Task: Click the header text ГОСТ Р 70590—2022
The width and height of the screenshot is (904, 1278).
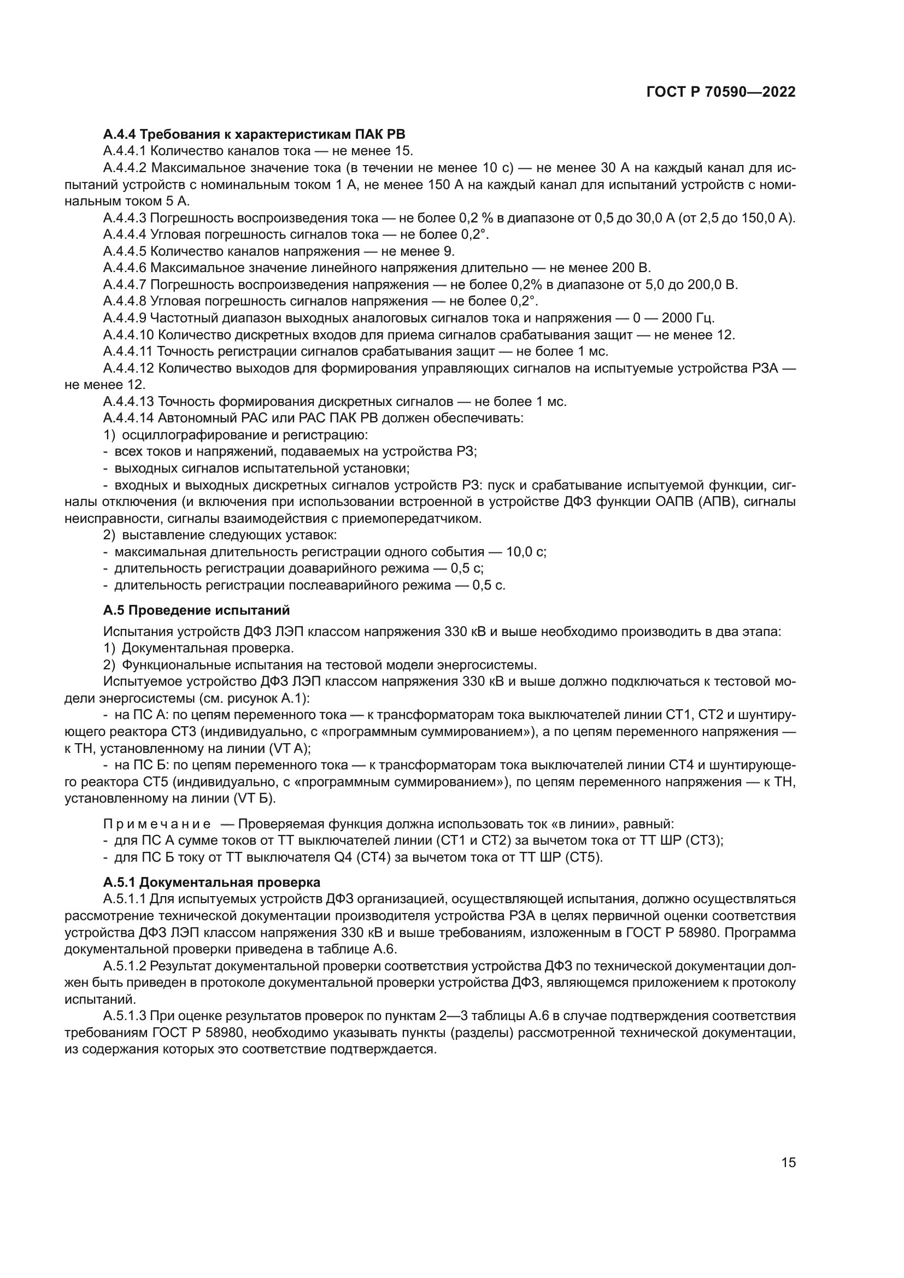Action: (x=721, y=92)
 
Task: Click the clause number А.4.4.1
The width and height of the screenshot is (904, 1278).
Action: (x=125, y=151)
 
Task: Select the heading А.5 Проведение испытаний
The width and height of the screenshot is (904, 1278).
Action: (x=196, y=610)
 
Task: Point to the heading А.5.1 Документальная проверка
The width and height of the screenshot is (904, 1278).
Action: (x=212, y=882)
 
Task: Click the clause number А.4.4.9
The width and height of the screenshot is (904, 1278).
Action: (x=125, y=318)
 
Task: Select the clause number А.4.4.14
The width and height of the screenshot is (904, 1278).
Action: (x=128, y=417)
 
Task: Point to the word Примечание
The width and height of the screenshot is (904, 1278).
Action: (x=157, y=824)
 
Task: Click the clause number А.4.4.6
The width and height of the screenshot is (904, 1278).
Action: (x=125, y=268)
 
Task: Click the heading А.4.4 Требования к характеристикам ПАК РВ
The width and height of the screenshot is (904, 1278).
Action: (x=254, y=134)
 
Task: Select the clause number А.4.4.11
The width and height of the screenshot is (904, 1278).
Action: (x=128, y=351)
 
